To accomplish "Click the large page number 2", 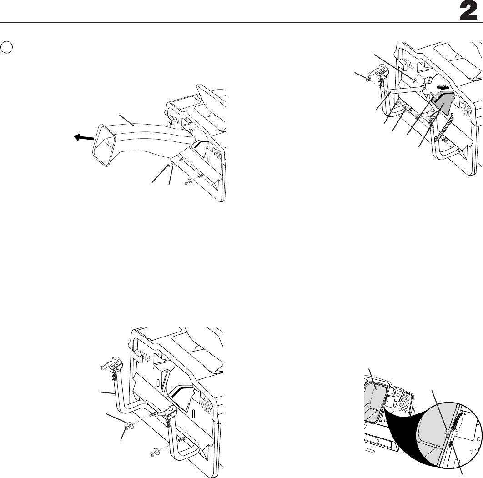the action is [x=468, y=11].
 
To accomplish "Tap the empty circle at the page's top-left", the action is [x=6, y=47].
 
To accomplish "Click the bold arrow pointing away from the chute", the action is [x=84, y=138].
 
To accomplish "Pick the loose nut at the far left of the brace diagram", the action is [x=368, y=80].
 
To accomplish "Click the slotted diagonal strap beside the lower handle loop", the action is [x=443, y=126].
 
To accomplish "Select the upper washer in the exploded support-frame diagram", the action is [x=131, y=425].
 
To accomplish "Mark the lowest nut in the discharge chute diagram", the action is [x=186, y=184].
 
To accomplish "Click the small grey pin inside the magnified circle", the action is [x=447, y=433].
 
